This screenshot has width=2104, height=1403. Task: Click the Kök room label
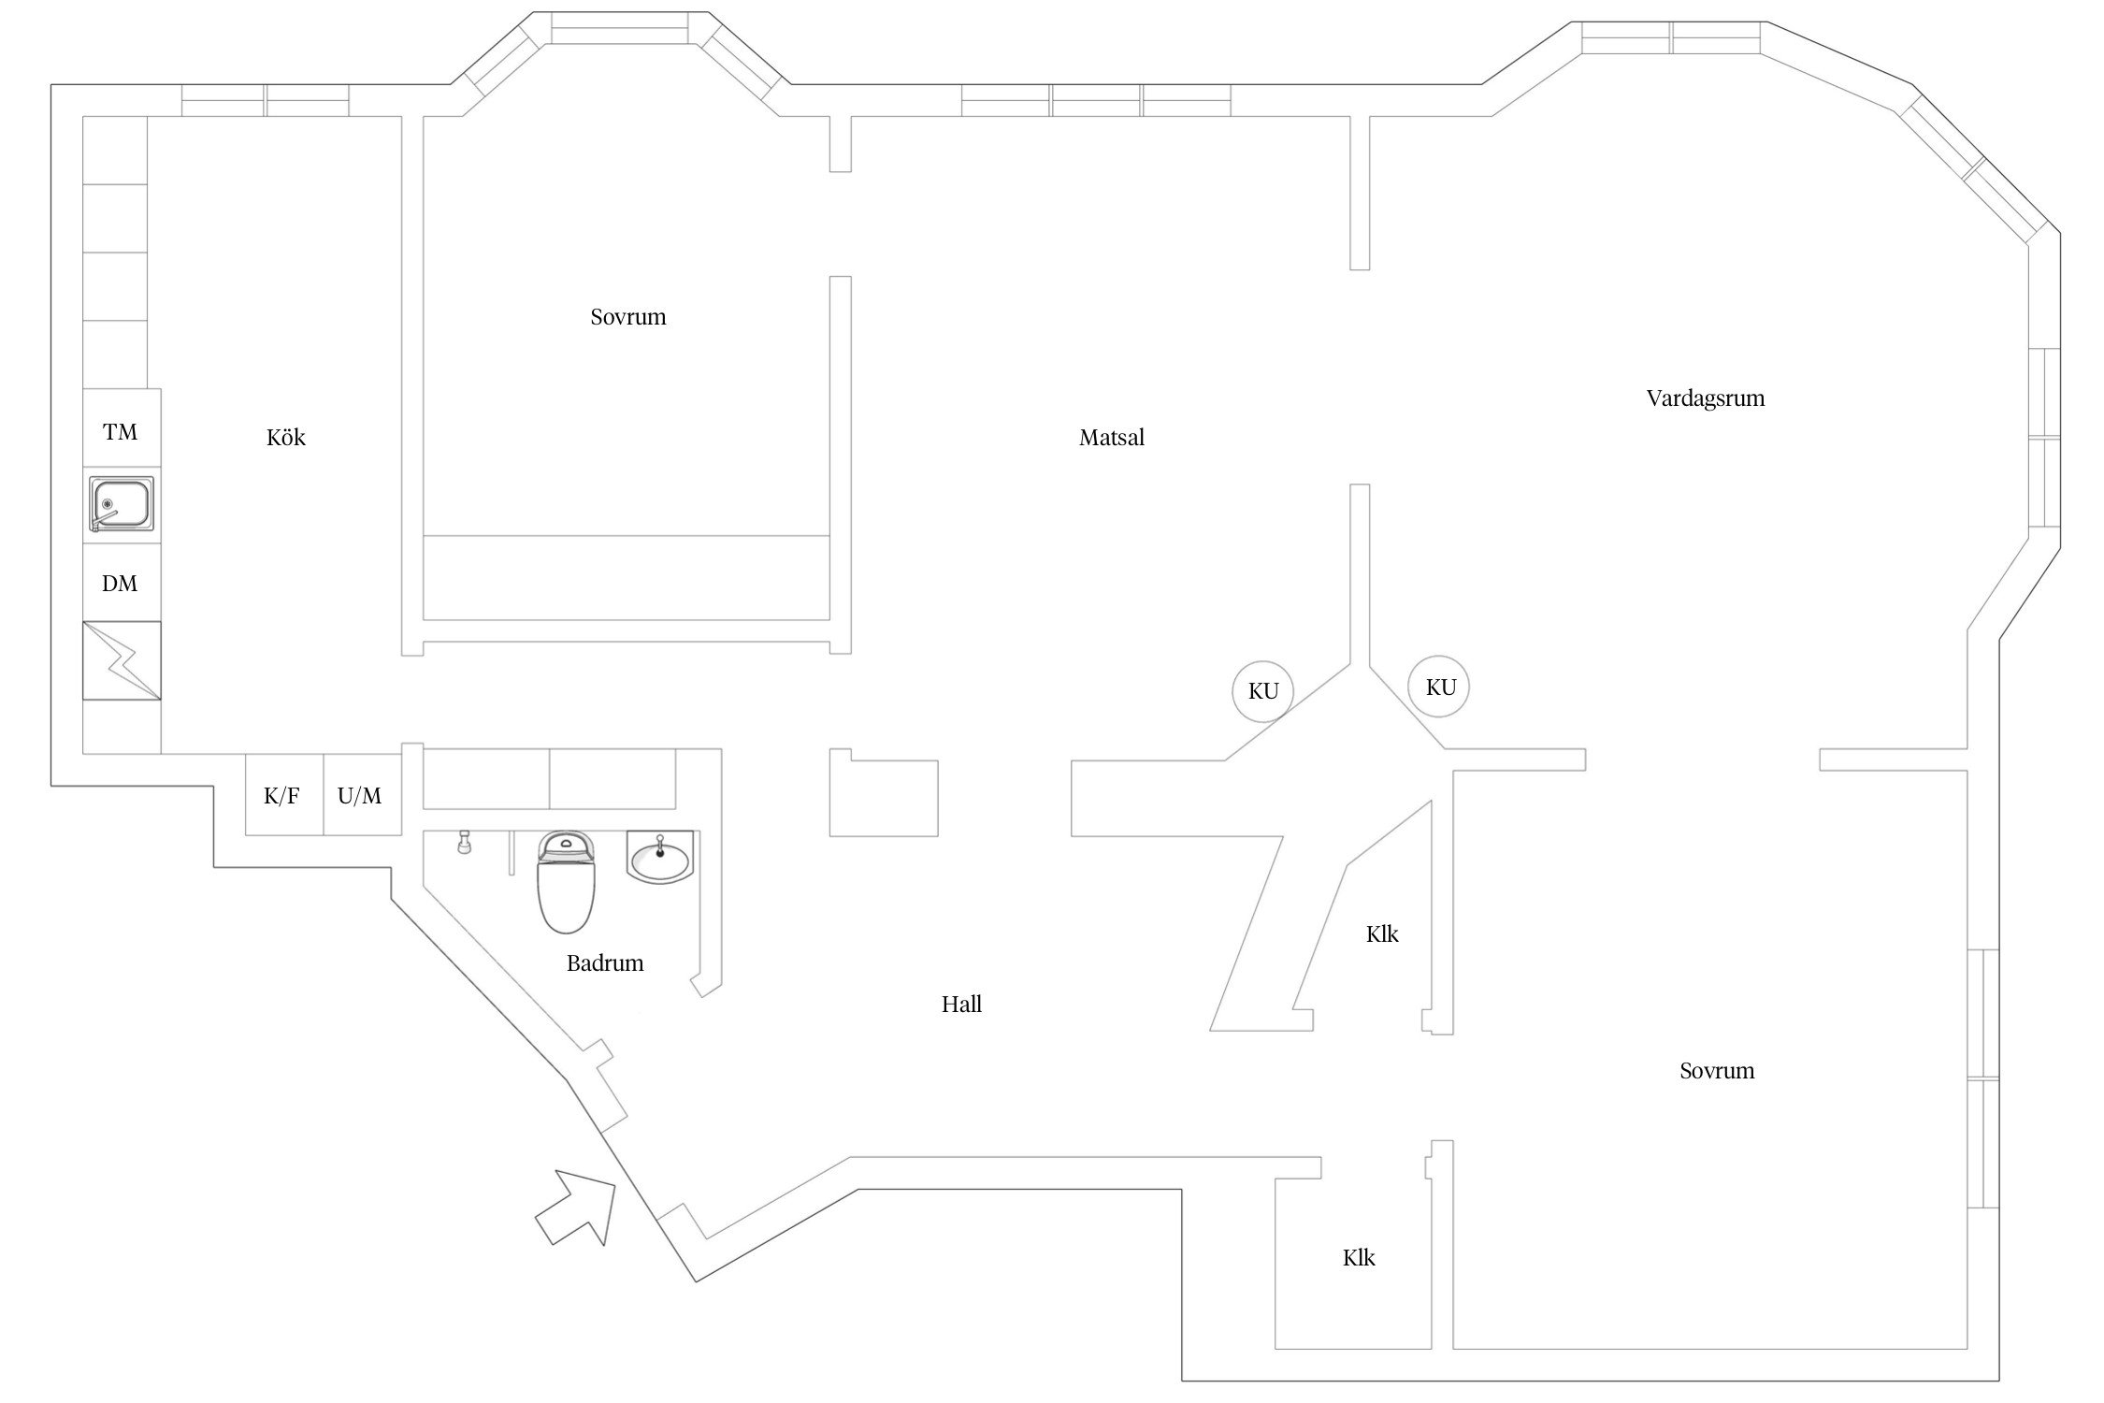coord(285,438)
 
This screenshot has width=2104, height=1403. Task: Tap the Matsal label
coord(1111,438)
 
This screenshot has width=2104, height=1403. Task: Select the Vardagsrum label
coord(1705,398)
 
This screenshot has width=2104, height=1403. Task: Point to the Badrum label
coord(605,963)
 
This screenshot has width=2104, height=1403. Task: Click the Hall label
coord(961,1005)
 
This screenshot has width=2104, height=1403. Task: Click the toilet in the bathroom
coord(566,883)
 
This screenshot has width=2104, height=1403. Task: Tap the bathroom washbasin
coord(660,857)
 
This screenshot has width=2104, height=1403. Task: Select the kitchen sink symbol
coord(122,503)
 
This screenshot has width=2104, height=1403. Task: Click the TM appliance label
coord(120,432)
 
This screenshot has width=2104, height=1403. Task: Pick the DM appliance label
coord(120,584)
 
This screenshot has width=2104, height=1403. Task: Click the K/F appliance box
coord(282,796)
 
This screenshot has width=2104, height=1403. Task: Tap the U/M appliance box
coord(360,796)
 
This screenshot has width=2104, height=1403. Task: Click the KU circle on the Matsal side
coord(1262,691)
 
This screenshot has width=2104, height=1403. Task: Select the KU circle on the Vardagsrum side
coord(1440,687)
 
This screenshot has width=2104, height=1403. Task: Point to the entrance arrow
coord(577,1206)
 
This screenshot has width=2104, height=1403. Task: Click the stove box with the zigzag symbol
coord(122,660)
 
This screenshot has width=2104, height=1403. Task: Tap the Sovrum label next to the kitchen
coord(628,317)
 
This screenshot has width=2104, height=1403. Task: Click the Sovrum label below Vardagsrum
coord(1717,1071)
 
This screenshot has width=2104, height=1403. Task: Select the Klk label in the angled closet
coord(1382,934)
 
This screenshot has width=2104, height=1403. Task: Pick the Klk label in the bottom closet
coord(1359,1258)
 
